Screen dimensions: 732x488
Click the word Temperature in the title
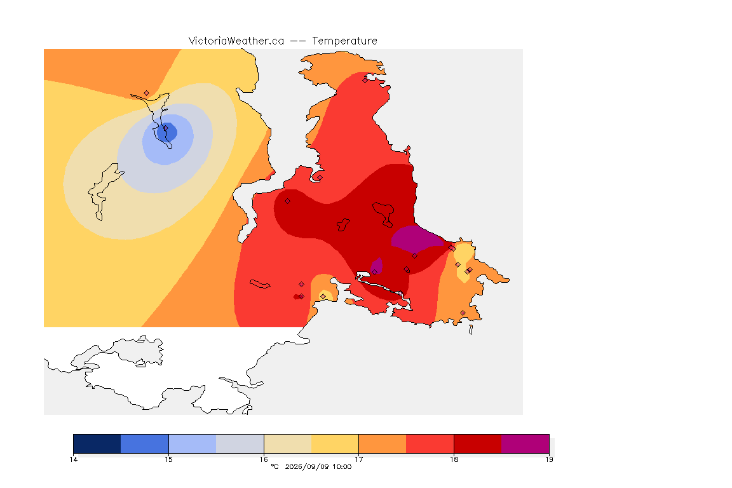tap(344, 41)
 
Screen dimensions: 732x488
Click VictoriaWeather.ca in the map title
tap(236, 41)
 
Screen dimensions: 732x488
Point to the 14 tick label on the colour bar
tap(73, 459)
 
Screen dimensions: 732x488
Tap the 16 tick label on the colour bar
tap(264, 459)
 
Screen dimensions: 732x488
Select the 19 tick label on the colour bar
tap(549, 459)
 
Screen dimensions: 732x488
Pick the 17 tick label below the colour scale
tap(358, 459)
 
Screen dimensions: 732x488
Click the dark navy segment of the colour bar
tap(97, 444)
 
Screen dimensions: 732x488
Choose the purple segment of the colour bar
tap(525, 444)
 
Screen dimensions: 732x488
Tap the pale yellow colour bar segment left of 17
tap(335, 444)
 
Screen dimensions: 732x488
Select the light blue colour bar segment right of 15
tap(193, 444)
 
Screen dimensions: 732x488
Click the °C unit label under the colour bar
tap(274, 466)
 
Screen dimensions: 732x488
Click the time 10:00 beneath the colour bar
tap(342, 466)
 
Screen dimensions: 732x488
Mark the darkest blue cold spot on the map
tap(167, 132)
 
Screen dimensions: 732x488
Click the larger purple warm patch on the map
tap(416, 237)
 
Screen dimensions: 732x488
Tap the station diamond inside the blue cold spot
tap(165, 128)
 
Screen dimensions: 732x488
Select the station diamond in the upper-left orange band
tap(146, 93)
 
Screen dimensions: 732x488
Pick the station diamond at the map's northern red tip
tap(365, 80)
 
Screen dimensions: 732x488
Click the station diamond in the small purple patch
tap(374, 272)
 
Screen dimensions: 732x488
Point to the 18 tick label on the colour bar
tap(454, 459)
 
